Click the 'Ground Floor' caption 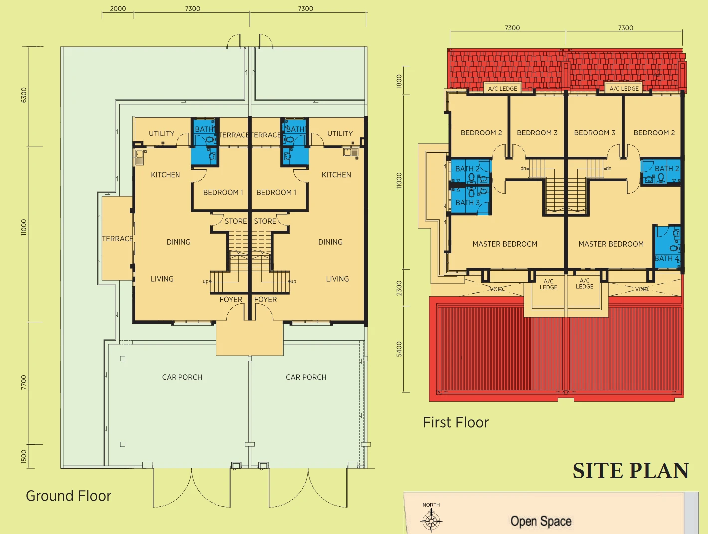pos(68,496)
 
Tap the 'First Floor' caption pos(455,422)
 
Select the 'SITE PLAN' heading pos(631,471)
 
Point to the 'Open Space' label pos(541,521)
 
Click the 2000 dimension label pos(118,8)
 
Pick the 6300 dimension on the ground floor pos(24,95)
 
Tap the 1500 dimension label pos(24,457)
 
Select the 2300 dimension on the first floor pos(399,288)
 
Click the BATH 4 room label pos(667,258)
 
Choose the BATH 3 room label pos(467,203)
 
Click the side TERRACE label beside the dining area pos(117,239)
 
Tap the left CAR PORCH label pos(182,377)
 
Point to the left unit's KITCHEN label pos(165,175)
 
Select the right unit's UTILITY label pos(340,133)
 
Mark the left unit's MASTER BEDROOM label pos(505,244)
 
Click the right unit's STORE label pos(265,221)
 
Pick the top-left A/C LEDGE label pos(502,89)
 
